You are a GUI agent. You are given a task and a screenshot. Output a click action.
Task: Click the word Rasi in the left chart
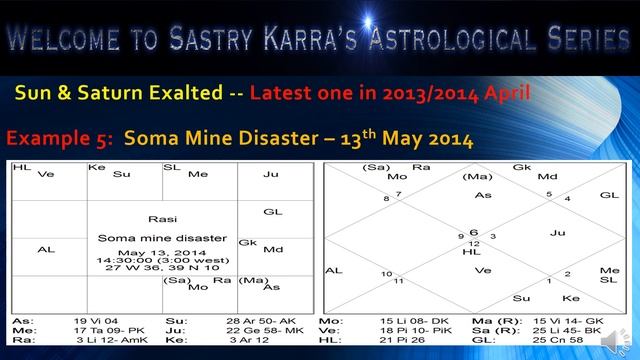[162, 218]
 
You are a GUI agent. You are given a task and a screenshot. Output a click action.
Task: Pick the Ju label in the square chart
[271, 174]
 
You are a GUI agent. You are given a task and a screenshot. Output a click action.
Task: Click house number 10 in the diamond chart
[385, 272]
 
